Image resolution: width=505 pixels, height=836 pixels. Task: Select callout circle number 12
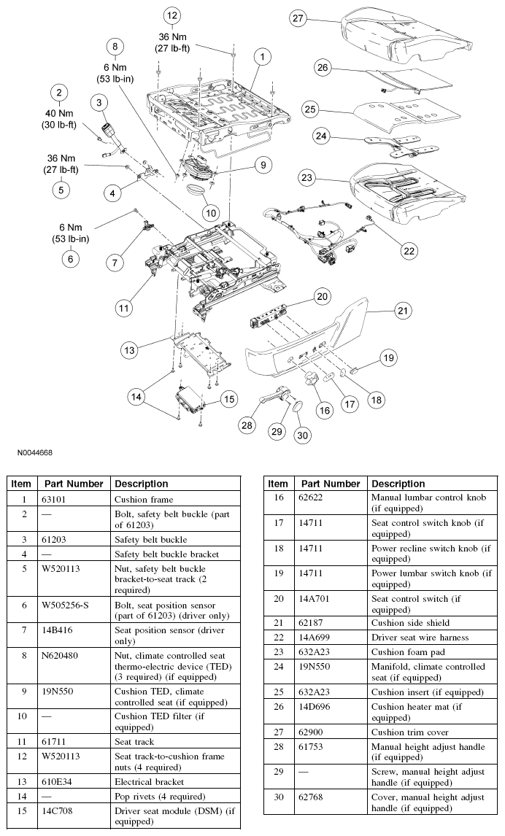click(171, 15)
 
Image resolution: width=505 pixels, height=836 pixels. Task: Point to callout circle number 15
click(229, 399)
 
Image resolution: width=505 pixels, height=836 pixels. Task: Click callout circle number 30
click(301, 436)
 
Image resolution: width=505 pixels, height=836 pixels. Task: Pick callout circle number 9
click(261, 166)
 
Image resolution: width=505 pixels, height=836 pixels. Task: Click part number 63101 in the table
click(54, 500)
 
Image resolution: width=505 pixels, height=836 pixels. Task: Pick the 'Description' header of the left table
click(142, 484)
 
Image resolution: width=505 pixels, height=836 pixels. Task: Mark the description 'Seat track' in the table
click(134, 742)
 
